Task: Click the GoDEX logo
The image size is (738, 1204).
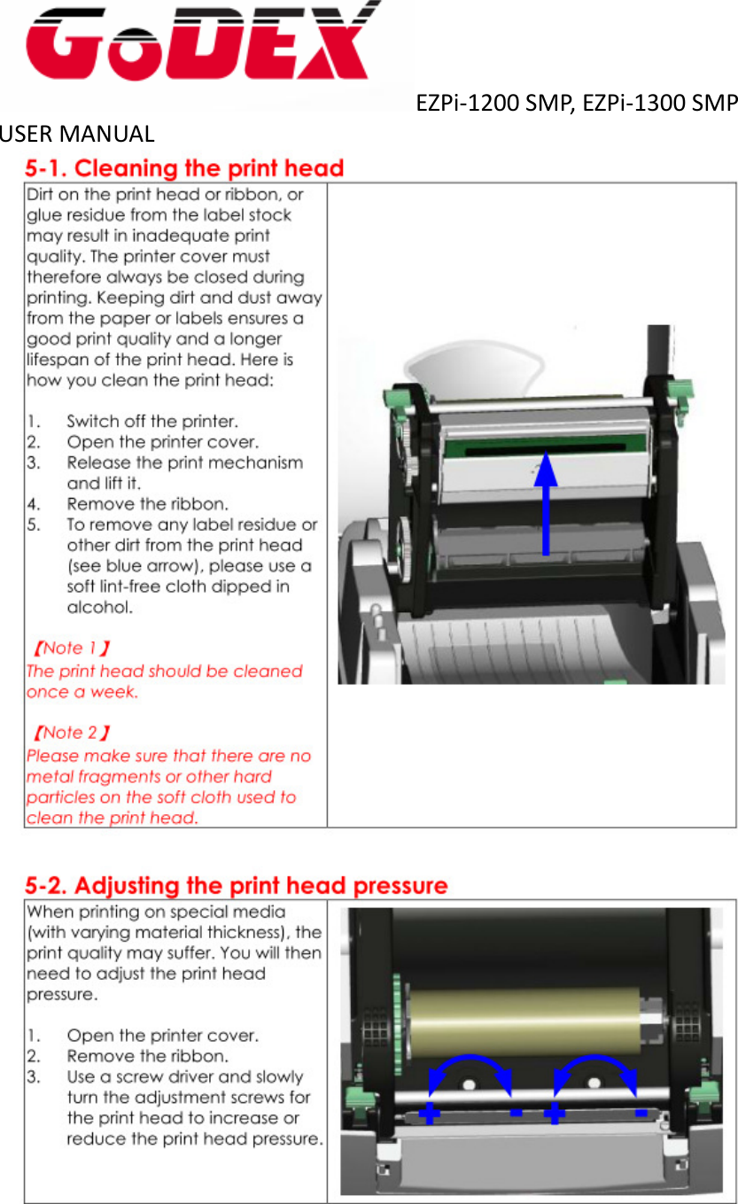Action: (199, 44)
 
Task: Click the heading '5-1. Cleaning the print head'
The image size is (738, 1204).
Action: (184, 168)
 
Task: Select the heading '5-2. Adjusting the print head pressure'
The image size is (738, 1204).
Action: (236, 885)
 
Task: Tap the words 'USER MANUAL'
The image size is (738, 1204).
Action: (78, 135)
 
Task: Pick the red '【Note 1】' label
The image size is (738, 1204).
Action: (71, 649)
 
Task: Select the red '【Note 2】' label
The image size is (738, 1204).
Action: (71, 734)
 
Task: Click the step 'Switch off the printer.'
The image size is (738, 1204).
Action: (152, 421)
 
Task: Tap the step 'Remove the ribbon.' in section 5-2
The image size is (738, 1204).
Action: (148, 1056)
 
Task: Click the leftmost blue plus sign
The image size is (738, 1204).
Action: (430, 1113)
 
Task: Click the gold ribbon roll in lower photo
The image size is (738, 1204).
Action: (523, 1019)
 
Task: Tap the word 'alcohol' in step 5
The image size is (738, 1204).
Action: (100, 608)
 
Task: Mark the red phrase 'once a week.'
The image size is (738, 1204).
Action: (82, 692)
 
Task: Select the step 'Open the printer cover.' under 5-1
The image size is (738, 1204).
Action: (163, 441)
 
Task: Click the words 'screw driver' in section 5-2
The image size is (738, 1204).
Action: (167, 1077)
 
